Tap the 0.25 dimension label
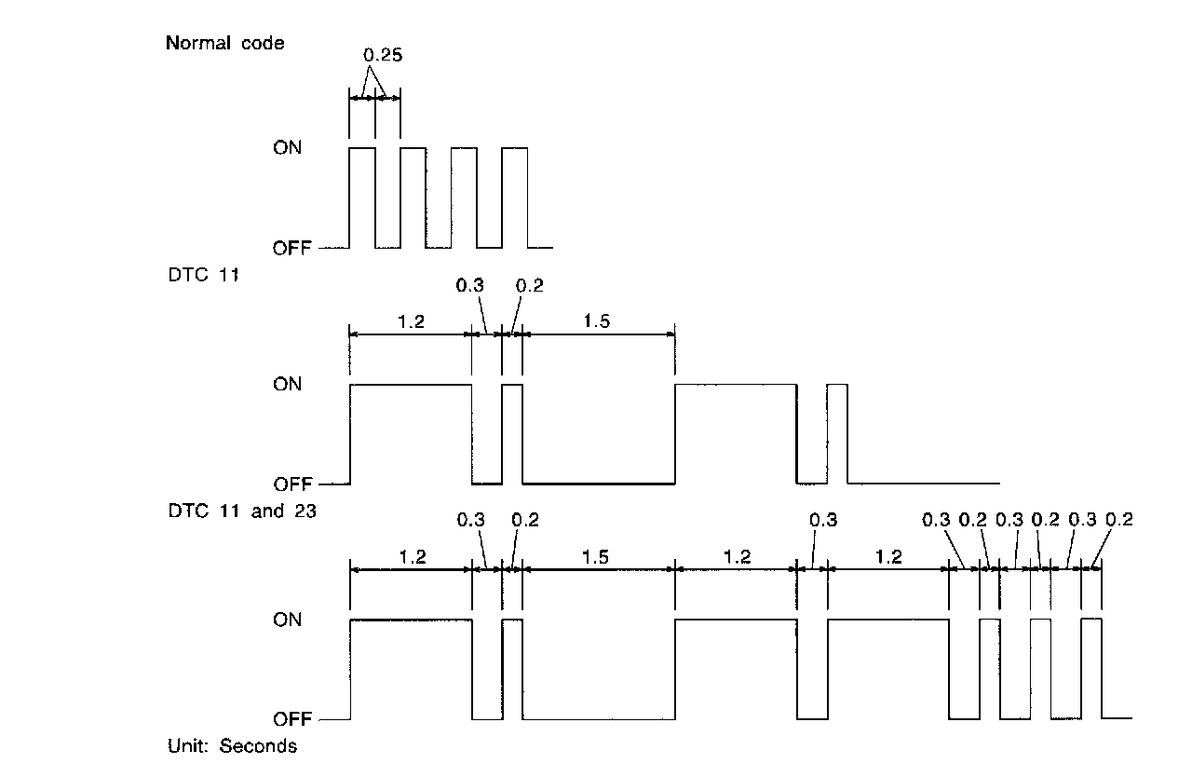click(x=382, y=56)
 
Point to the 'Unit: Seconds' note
click(x=232, y=746)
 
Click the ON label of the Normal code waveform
click(x=287, y=148)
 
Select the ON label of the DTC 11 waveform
click(x=287, y=384)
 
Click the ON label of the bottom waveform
click(x=287, y=620)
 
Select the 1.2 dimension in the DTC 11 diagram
click(x=412, y=321)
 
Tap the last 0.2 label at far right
click(x=1118, y=520)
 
